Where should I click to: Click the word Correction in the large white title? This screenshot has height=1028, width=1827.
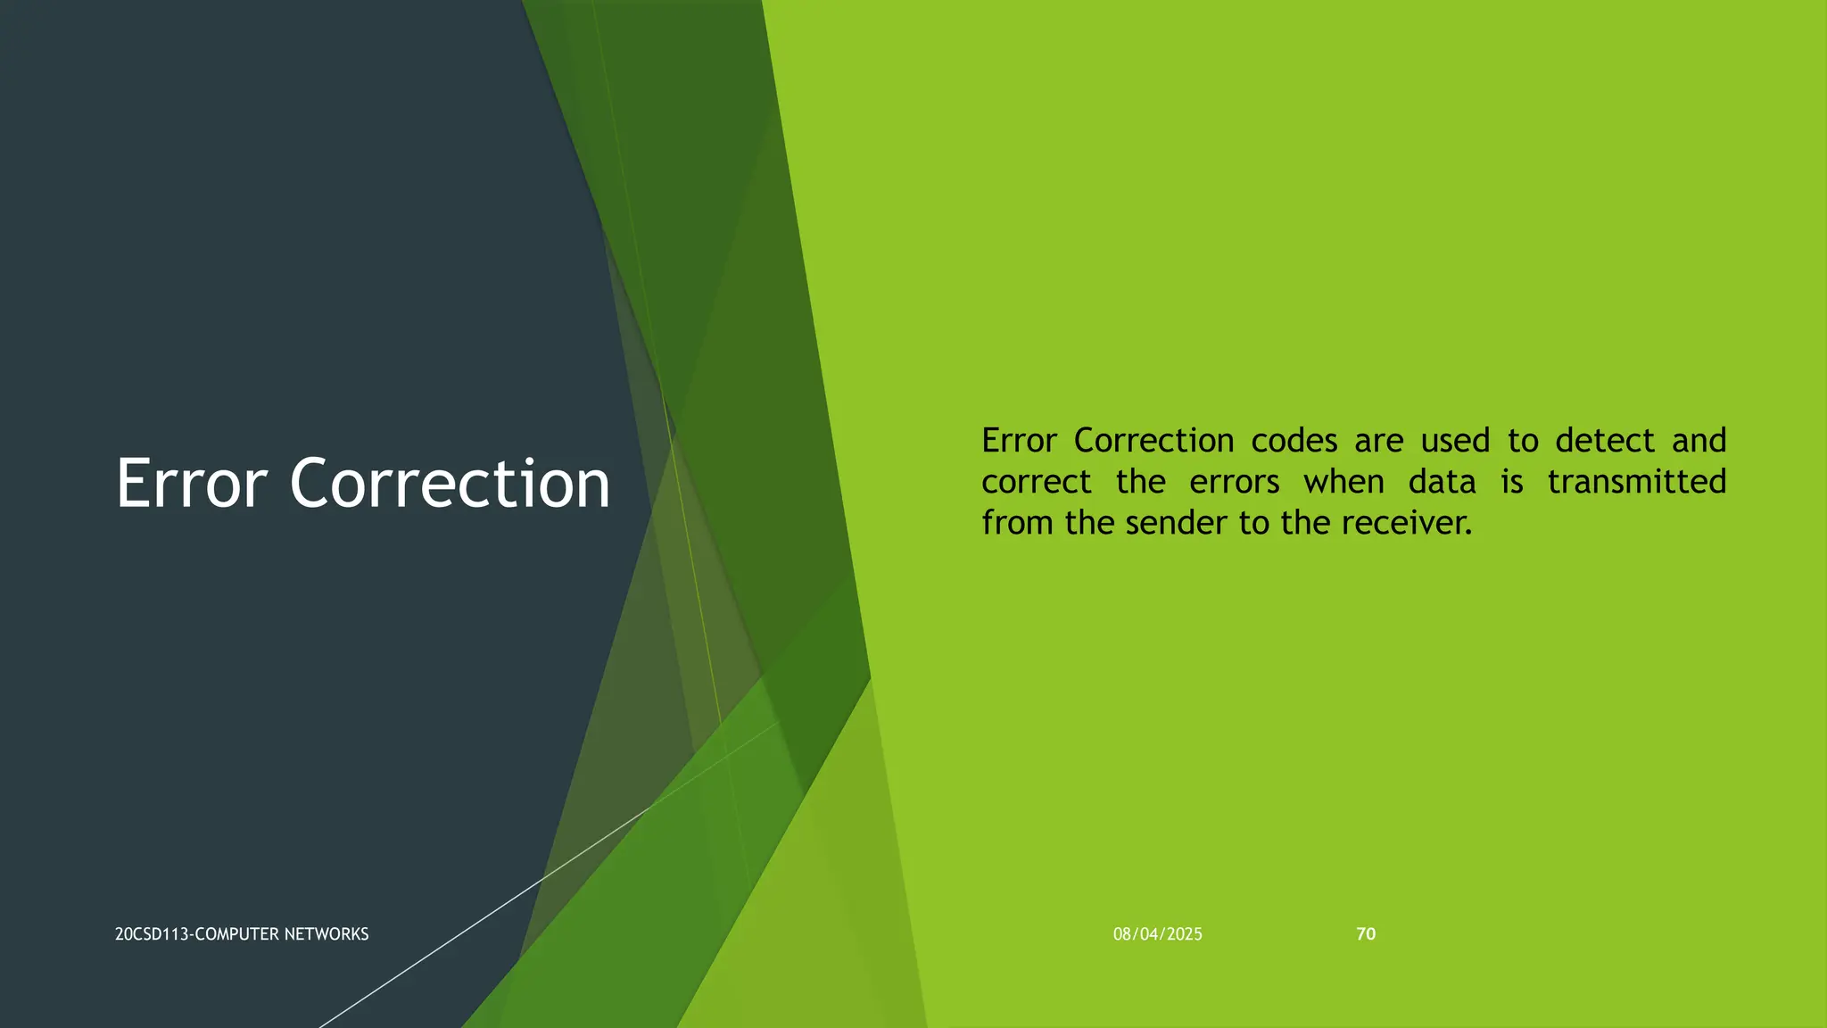tap(450, 484)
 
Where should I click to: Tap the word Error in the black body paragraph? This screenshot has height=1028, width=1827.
tap(1019, 441)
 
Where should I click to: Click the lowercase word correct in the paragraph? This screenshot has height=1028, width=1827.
tap(1036, 483)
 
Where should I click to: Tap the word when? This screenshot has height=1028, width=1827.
tap(1343, 483)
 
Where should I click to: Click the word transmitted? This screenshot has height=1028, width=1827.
tap(1637, 483)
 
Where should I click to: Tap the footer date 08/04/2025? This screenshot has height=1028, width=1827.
tap(1157, 934)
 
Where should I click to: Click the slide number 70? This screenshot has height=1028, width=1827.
tap(1366, 934)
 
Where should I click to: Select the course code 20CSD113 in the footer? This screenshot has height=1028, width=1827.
tap(152, 934)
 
